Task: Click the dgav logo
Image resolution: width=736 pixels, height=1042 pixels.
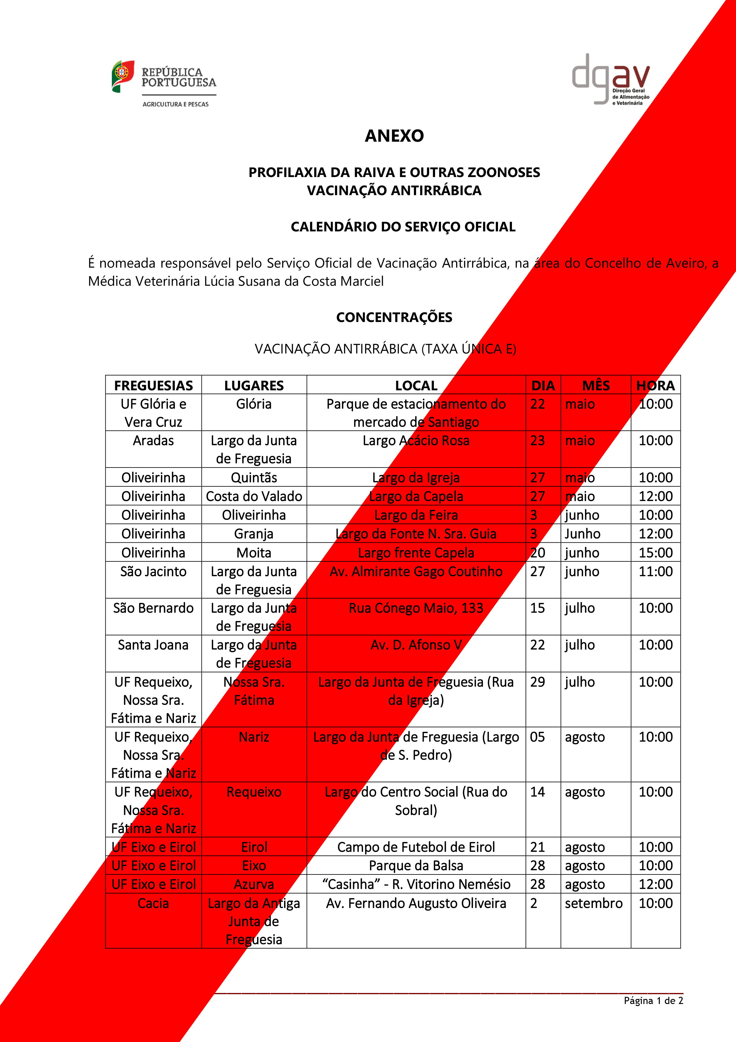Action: click(610, 79)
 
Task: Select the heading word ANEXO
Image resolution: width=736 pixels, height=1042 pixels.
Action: click(394, 136)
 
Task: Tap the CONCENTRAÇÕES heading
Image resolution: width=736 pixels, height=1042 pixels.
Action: click(394, 317)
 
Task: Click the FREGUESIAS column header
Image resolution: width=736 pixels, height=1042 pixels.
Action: click(153, 385)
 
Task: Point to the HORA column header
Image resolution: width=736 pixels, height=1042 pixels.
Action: click(655, 385)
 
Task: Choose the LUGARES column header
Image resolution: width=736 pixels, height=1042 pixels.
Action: click(254, 385)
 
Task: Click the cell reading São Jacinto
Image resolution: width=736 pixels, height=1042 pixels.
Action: click(153, 571)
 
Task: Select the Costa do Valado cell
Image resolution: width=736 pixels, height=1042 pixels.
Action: click(254, 496)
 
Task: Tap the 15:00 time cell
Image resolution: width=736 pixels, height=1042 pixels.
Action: click(655, 553)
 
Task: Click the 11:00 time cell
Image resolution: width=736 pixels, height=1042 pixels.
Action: click(655, 571)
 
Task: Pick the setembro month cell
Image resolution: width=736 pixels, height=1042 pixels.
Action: click(594, 903)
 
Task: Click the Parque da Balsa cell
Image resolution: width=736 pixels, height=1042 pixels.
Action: click(416, 866)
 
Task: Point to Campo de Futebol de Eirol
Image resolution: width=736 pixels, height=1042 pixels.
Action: click(416, 847)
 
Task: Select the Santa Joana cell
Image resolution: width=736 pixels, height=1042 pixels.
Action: click(153, 645)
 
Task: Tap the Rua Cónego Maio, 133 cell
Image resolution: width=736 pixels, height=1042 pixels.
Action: click(416, 608)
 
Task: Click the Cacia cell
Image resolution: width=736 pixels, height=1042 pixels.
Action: click(153, 903)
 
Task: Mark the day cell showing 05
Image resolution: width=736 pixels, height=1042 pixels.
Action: click(537, 737)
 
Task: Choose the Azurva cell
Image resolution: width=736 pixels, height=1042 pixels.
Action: click(254, 884)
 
